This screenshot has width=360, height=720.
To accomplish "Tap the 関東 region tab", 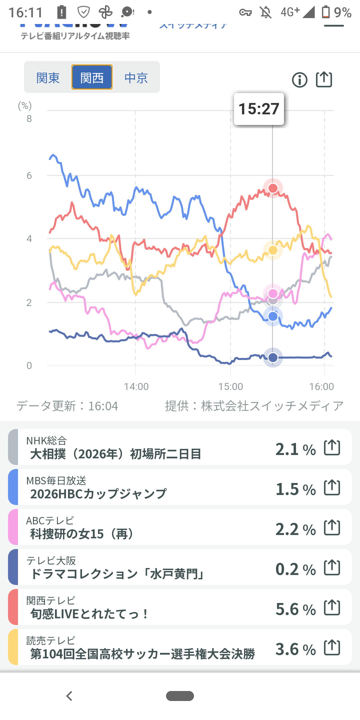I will pyautogui.click(x=48, y=78).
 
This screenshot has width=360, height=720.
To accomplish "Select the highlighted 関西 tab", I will pyautogui.click(x=92, y=77).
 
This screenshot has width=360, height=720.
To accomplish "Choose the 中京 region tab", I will pyautogui.click(x=136, y=78).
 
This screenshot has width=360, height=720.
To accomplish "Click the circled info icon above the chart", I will pyautogui.click(x=299, y=80).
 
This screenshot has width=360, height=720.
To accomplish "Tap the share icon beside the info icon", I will pyautogui.click(x=324, y=80).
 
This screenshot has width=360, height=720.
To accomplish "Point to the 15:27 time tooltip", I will pyautogui.click(x=259, y=109).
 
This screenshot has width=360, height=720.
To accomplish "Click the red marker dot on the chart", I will pyautogui.click(x=273, y=188).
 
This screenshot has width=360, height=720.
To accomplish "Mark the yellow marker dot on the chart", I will pyautogui.click(x=273, y=250).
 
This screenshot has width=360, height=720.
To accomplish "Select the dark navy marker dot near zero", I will pyautogui.click(x=273, y=358).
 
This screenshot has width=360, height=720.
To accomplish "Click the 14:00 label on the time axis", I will pyautogui.click(x=136, y=387).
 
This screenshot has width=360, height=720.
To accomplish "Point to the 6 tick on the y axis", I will pyautogui.click(x=29, y=176).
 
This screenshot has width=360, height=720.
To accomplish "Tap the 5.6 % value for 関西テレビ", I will pyautogui.click(x=295, y=609).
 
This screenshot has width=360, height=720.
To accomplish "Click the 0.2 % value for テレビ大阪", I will pyautogui.click(x=295, y=569).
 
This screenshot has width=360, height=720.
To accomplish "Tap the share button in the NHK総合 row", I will pyautogui.click(x=332, y=447).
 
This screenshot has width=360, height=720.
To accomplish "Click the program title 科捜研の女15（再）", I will pyautogui.click(x=82, y=534).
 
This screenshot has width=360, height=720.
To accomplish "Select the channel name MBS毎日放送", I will pyautogui.click(x=56, y=481).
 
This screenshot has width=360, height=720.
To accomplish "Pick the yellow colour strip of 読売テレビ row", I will pyautogui.click(x=13, y=647).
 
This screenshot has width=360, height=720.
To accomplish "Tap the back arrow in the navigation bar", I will pyautogui.click(x=69, y=696).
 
